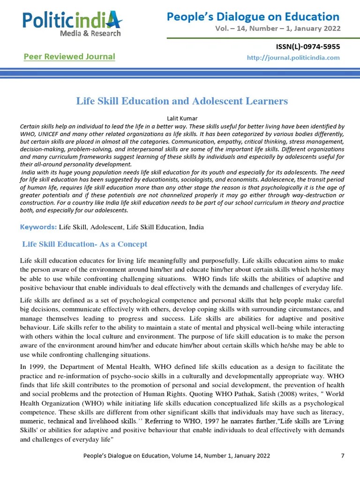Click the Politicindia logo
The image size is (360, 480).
[73, 20]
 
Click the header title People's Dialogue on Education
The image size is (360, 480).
[253, 17]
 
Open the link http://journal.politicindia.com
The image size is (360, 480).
[293, 58]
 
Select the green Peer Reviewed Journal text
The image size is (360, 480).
[69, 57]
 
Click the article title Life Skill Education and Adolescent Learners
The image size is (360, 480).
[182, 101]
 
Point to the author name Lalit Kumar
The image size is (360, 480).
[180, 118]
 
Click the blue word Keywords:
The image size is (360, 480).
[38, 227]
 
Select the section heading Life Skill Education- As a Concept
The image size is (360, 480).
[85, 244]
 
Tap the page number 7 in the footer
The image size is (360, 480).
[343, 455]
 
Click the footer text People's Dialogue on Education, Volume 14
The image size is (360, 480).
[176, 455]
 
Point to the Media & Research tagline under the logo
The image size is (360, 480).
[90, 33]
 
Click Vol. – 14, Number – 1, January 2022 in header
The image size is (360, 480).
[277, 28]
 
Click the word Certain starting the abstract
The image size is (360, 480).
[31, 127]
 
